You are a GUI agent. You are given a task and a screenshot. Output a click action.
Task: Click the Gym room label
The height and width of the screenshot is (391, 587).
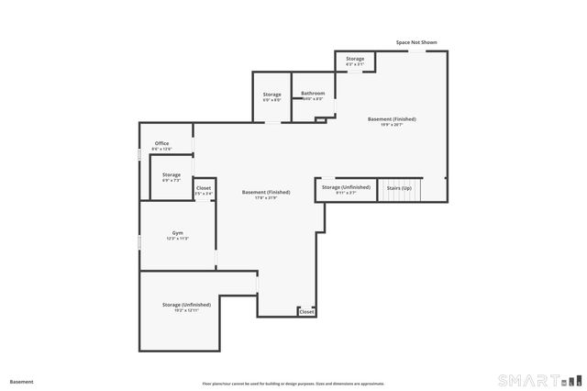pyautogui.click(x=178, y=233)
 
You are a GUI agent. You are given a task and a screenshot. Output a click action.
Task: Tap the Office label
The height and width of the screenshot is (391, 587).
pyautogui.click(x=161, y=143)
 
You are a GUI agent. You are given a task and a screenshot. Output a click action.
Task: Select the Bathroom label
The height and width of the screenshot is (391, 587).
pyautogui.click(x=314, y=93)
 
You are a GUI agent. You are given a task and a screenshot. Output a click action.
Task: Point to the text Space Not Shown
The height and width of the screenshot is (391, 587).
pyautogui.click(x=415, y=42)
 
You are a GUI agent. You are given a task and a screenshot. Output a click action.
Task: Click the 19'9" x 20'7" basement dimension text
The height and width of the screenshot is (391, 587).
pyautogui.click(x=393, y=125)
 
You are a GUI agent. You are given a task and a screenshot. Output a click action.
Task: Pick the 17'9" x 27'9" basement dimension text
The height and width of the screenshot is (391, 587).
pyautogui.click(x=266, y=198)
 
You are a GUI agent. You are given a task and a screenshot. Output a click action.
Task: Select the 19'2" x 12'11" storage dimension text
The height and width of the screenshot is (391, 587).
pyautogui.click(x=186, y=310)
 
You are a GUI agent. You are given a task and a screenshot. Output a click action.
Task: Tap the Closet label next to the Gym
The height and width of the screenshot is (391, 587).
pyautogui.click(x=204, y=187)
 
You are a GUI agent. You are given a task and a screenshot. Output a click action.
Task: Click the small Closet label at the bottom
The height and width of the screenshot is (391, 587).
pyautogui.click(x=306, y=312)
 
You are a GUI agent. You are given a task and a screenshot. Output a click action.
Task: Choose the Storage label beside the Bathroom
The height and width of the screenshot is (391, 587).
pyautogui.click(x=272, y=94)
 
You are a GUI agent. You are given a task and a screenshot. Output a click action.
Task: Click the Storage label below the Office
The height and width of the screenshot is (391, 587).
pyautogui.click(x=172, y=174)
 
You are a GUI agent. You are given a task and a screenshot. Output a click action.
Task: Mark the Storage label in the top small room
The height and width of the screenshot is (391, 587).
pyautogui.click(x=355, y=59)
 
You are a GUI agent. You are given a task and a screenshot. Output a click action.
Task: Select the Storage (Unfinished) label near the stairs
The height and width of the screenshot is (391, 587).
pyautogui.click(x=346, y=186)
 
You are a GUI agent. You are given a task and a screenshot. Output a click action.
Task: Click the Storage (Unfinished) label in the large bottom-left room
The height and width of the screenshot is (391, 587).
pyautogui.click(x=186, y=304)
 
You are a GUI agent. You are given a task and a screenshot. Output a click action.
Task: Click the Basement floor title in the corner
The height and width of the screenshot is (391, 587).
pyautogui.click(x=22, y=381)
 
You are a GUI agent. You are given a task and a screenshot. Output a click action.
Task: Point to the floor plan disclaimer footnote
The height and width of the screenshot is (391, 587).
pyautogui.click(x=293, y=384)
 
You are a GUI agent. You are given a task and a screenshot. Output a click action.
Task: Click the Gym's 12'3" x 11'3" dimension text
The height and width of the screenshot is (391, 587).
pyautogui.click(x=178, y=239)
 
